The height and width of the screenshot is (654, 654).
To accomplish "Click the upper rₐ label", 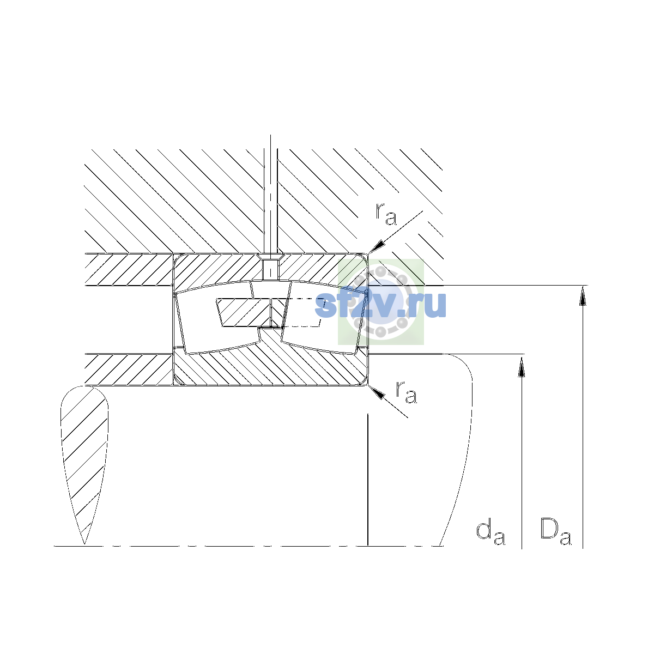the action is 386,214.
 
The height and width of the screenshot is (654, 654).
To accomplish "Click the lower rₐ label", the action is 406,392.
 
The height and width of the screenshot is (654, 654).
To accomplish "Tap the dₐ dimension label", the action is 491,534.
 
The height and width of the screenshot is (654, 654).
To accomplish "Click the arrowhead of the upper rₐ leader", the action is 377,246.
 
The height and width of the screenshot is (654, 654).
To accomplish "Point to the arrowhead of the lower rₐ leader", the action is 376,392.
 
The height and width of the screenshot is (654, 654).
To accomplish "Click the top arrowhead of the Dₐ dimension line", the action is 583,295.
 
